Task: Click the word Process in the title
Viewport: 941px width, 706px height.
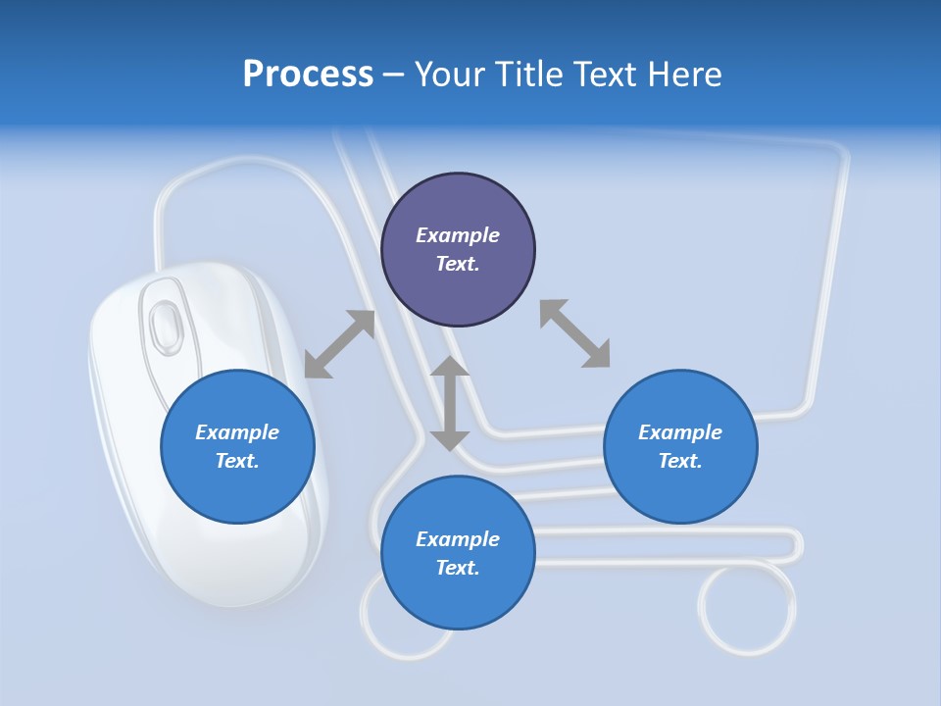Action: tap(308, 75)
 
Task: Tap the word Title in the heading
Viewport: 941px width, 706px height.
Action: tap(529, 75)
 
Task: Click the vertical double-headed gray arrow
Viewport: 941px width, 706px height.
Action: tap(450, 403)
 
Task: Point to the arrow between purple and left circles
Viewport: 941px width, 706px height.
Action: tap(339, 344)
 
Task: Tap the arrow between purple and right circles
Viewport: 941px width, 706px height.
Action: tap(574, 333)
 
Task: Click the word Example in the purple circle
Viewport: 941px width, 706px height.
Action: tap(458, 235)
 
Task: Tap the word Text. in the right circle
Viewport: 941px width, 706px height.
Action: tap(680, 461)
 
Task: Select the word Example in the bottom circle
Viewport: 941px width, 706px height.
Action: tap(458, 539)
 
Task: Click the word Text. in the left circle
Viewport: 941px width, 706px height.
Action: tap(237, 461)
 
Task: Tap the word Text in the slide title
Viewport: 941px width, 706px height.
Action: tap(603, 75)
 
